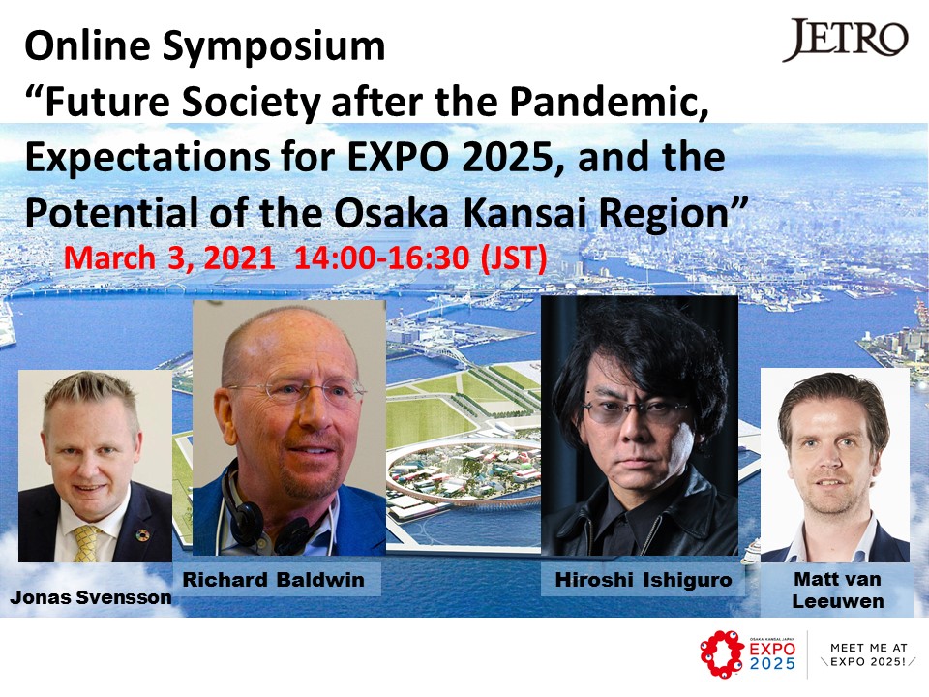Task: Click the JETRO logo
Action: [x=846, y=40]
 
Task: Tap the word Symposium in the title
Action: [x=274, y=46]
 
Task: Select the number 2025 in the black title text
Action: [x=509, y=157]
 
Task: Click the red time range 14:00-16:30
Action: [x=382, y=258]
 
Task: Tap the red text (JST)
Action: [x=514, y=258]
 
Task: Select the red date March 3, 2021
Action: [x=169, y=258]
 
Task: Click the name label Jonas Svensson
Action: [x=91, y=597]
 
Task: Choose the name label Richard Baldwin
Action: [x=273, y=579]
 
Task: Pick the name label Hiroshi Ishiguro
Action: [x=644, y=579]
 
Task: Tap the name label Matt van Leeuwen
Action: [x=838, y=590]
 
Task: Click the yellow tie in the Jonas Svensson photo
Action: [x=86, y=542]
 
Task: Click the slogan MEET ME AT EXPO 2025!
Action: [x=868, y=654]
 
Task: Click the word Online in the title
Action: [x=88, y=46]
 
